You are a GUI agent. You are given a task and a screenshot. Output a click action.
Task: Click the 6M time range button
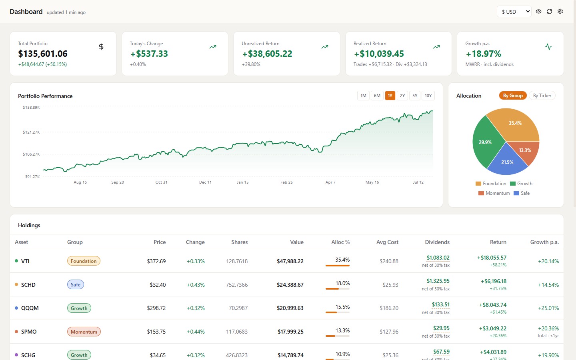pyautogui.click(x=377, y=96)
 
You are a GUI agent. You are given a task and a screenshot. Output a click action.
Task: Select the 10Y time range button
pyautogui.click(x=428, y=96)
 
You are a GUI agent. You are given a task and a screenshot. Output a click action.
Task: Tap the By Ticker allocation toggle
pyautogui.click(x=542, y=96)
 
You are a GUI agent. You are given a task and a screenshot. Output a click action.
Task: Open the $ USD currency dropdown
pyautogui.click(x=514, y=12)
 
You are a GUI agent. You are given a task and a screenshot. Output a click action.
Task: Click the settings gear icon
pyautogui.click(x=560, y=12)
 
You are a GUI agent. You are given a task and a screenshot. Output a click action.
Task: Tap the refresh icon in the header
pyautogui.click(x=549, y=12)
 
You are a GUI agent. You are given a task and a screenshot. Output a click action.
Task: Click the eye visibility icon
pyautogui.click(x=538, y=12)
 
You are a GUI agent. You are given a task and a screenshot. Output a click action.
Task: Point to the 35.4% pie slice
pyautogui.click(x=515, y=126)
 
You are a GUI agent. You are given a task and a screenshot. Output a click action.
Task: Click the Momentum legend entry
pyautogui.click(x=494, y=193)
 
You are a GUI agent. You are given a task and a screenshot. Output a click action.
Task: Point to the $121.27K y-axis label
pyautogui.click(x=31, y=132)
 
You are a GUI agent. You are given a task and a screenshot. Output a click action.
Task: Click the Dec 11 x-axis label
pyautogui.click(x=205, y=182)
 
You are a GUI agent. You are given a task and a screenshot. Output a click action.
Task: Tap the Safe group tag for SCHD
pyautogui.click(x=76, y=285)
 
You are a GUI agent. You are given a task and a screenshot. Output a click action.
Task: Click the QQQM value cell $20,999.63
pyautogui.click(x=290, y=308)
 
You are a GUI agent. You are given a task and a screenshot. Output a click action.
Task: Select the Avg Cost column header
pyautogui.click(x=387, y=242)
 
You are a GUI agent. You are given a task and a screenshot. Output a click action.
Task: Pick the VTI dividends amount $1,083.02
pyautogui.click(x=438, y=258)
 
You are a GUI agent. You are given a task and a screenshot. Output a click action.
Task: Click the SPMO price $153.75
pyautogui.click(x=156, y=332)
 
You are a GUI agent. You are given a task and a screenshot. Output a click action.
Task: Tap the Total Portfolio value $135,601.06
pyautogui.click(x=43, y=54)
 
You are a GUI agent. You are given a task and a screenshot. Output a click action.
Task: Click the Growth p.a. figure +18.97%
pyautogui.click(x=484, y=54)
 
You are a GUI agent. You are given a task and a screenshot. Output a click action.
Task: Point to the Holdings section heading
pyautogui.click(x=29, y=225)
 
